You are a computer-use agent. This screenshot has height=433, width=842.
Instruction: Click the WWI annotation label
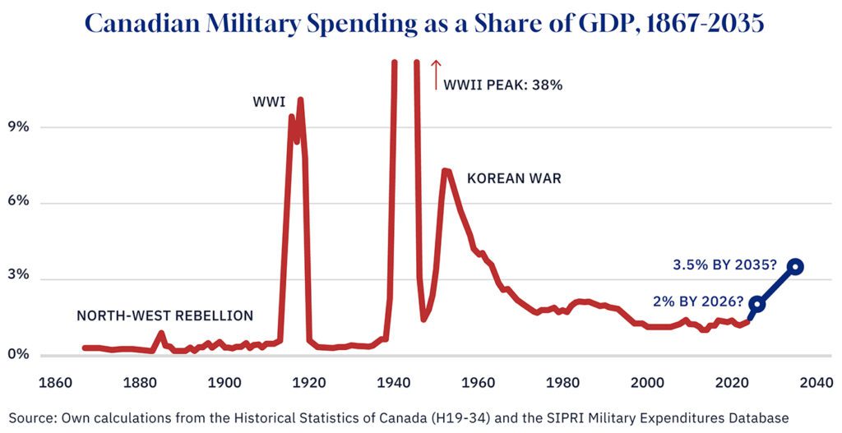[269, 103]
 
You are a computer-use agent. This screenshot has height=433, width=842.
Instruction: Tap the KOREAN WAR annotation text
[514, 178]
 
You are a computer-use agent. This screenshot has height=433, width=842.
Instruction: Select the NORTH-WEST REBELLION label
[164, 316]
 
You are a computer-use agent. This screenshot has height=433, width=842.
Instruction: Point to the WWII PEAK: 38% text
[503, 85]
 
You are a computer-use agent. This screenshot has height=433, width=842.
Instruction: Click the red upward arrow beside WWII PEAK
[436, 75]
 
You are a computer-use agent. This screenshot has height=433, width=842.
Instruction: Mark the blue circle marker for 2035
[795, 266]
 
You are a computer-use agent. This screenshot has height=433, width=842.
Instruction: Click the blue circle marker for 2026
[756, 304]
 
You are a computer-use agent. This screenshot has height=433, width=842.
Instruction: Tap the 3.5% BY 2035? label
[725, 265]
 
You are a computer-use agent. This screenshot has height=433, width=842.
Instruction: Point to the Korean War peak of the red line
[445, 171]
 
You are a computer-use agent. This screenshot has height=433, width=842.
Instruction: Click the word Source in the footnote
[30, 417]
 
